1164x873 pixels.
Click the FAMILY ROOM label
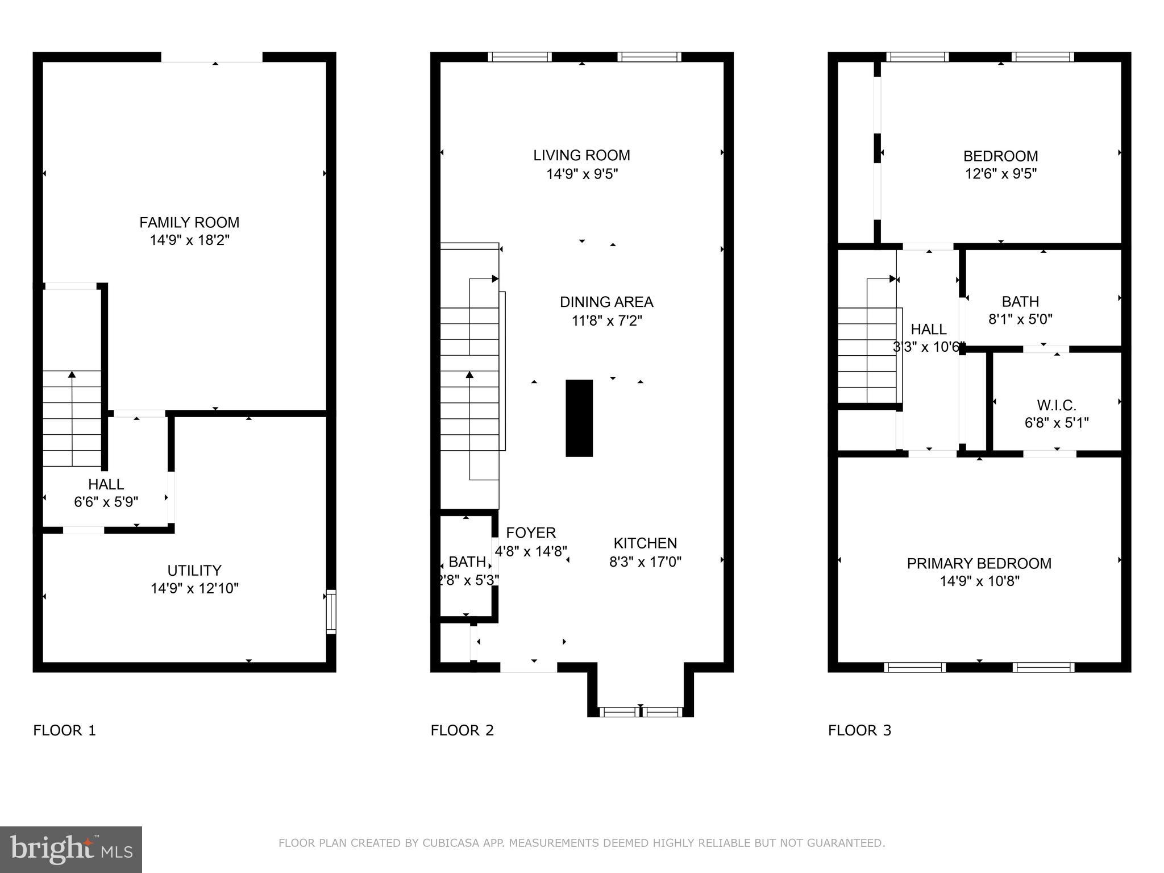click(189, 222)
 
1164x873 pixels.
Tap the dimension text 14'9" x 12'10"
click(194, 588)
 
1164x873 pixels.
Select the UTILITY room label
click(194, 570)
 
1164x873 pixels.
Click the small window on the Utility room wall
click(331, 612)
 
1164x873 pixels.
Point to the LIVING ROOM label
click(581, 155)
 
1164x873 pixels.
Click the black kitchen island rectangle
click(579, 418)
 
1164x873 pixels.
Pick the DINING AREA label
click(606, 302)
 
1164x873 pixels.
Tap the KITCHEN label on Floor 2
click(645, 543)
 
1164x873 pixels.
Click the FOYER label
click(531, 533)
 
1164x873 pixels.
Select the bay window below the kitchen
click(641, 711)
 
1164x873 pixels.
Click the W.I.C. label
click(1057, 405)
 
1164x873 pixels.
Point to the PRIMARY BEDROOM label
click(979, 563)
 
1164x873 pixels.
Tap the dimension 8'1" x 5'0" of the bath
click(1020, 319)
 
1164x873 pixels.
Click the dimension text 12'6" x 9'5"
click(1000, 173)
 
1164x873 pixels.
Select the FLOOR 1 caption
click(65, 730)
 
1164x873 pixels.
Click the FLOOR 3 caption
click(859, 730)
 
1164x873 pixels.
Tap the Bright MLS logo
click(71, 849)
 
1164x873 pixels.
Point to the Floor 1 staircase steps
click(72, 418)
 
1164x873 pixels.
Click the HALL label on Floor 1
click(106, 484)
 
